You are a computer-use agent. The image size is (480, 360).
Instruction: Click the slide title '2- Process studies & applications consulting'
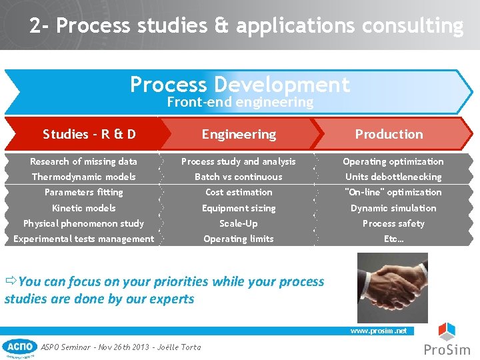246,26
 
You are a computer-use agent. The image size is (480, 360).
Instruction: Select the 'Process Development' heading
239,85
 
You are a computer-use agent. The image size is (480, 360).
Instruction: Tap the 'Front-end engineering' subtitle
239,102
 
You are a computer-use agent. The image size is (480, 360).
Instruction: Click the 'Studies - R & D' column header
89,134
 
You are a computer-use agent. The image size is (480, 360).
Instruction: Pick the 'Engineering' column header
239,134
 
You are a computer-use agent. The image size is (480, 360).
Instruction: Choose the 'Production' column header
389,134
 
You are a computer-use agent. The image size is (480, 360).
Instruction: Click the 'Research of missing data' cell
84,161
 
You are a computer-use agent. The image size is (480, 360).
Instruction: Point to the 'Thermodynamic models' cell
84,177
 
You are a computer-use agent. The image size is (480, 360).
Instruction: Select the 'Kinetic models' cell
84,208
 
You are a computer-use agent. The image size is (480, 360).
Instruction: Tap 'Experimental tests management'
84,239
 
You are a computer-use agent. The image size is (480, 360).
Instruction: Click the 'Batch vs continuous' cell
239,177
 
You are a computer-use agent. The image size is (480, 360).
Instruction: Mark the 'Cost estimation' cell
239,192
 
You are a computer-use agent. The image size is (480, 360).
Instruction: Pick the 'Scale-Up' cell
239,223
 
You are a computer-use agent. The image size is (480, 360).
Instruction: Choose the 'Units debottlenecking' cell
393,177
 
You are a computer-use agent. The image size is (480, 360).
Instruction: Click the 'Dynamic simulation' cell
393,208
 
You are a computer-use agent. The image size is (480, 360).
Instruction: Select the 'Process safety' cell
393,223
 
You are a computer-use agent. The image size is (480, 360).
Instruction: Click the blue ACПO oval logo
20,347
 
